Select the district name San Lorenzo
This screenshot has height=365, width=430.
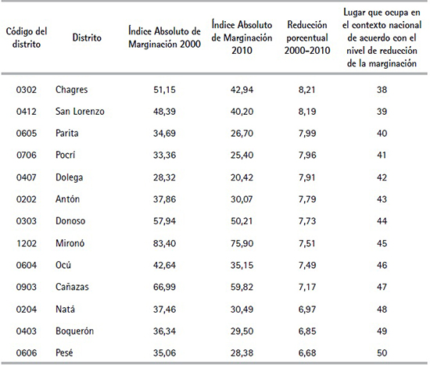tap(80, 111)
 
